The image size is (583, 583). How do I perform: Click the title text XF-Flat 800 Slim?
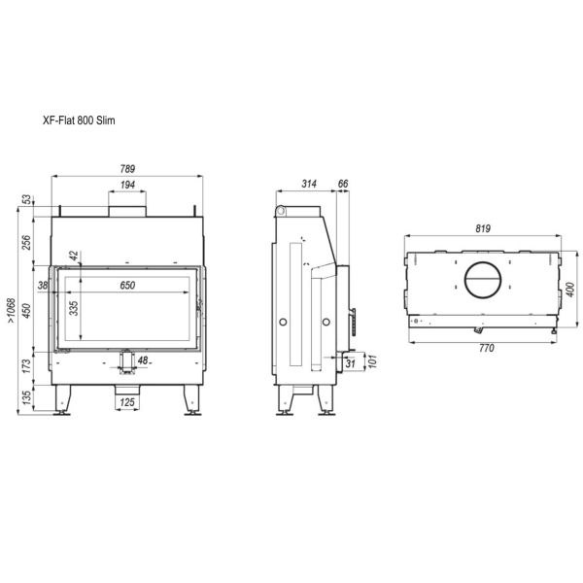[79, 120]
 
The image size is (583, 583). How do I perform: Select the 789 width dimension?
[127, 169]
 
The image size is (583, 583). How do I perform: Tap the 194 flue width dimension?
[127, 185]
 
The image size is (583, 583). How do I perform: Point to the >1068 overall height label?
[12, 311]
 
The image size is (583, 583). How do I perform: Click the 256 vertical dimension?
[26, 242]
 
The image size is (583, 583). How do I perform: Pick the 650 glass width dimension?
[127, 285]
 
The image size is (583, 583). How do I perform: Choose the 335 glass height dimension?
[75, 308]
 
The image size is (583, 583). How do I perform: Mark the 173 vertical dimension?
[26, 366]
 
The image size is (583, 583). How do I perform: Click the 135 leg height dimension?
[26, 397]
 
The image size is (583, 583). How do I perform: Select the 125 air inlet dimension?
[127, 402]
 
